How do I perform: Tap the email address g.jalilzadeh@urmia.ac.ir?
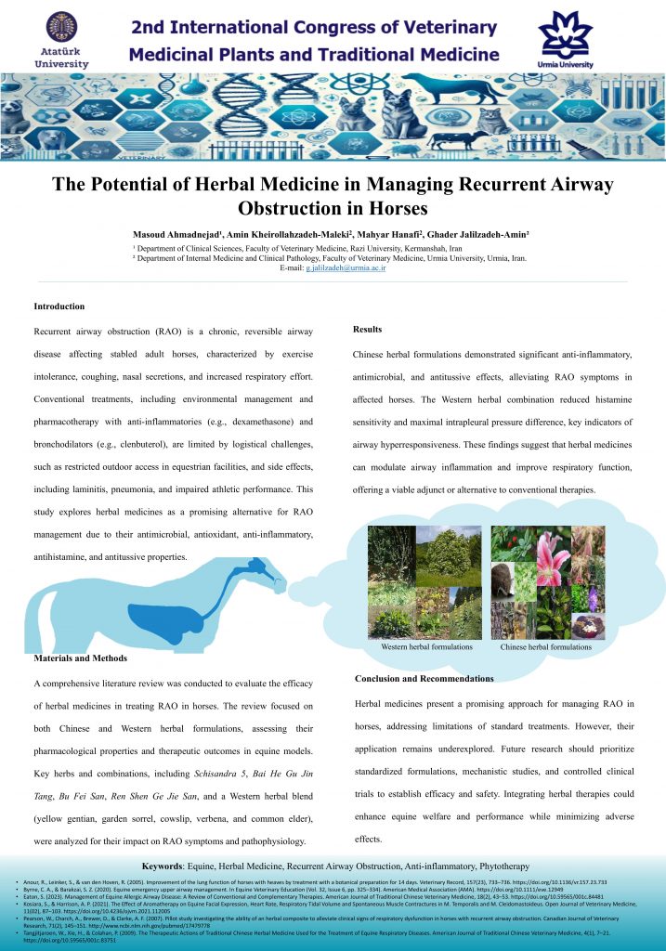(346, 267)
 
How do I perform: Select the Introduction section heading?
(59, 306)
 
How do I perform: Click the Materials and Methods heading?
(80, 658)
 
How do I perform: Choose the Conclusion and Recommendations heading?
(424, 679)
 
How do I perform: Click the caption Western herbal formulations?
(427, 646)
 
